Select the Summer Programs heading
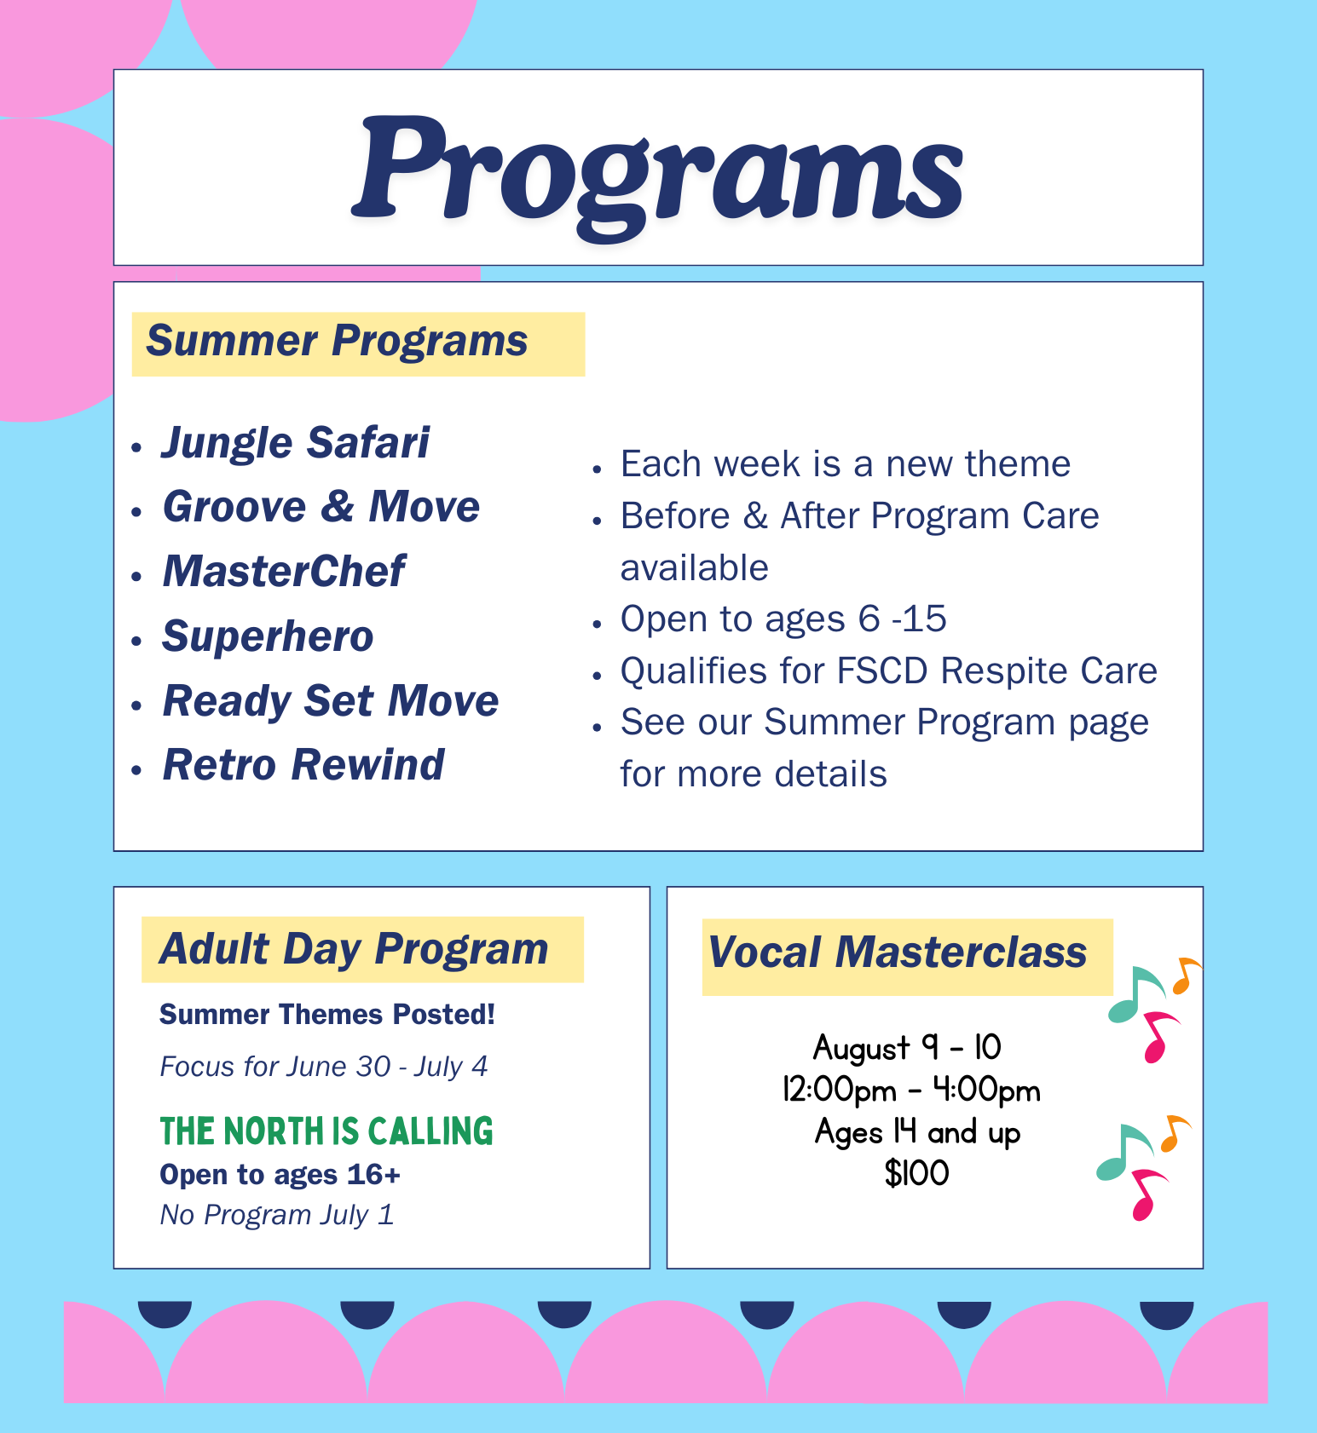pos(337,342)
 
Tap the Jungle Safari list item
pos(296,444)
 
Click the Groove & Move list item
pos(321,507)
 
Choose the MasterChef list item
pos(284,571)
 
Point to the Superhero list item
pos(268,637)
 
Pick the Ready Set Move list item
pos(331,701)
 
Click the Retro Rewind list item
pos(303,764)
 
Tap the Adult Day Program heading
pos(354,950)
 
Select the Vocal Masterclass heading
pos(898,952)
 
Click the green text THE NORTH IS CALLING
pos(326,1131)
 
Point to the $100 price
pos(916,1173)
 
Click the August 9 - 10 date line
pos(907,1048)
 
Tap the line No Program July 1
pos(277,1215)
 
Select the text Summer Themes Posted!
pos(327,1015)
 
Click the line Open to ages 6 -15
pos(783,619)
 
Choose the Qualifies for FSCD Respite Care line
pos(889,671)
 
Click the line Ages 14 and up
pos(917,1132)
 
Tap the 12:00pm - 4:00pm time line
pos(911,1091)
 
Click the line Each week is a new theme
pos(846,464)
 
